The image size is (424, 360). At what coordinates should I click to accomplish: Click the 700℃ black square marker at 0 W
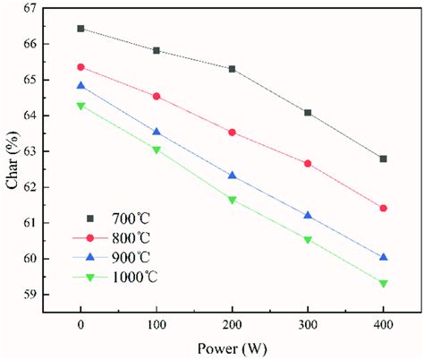81,29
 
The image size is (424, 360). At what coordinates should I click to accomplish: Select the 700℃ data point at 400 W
384,159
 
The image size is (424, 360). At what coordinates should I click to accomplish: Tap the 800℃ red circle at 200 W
233,133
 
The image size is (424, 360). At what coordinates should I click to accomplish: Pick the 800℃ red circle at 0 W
81,67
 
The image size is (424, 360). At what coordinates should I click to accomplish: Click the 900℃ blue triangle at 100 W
157,132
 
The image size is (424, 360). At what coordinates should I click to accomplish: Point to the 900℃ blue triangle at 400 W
384,256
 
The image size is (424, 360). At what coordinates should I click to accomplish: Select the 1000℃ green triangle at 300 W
308,240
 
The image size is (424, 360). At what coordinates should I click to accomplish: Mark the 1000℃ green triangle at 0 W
81,106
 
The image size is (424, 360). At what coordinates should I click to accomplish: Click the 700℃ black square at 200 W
233,69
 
